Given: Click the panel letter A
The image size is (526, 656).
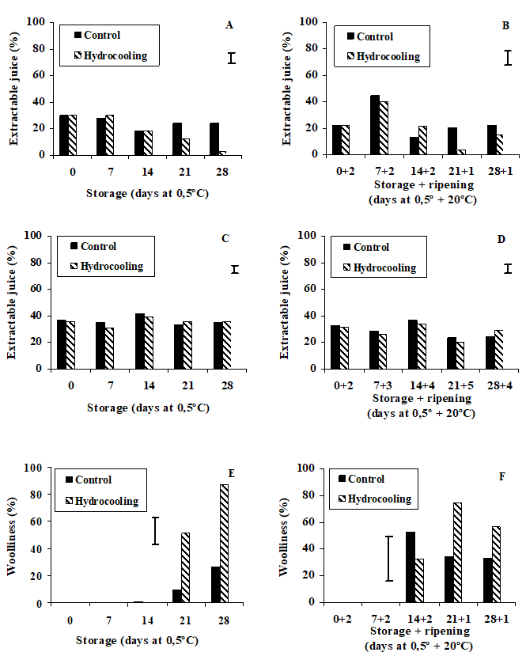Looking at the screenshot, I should pyautogui.click(x=229, y=25).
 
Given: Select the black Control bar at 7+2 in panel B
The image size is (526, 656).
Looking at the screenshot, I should pyautogui.click(x=375, y=125).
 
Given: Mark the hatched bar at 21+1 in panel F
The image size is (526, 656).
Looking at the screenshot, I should pyautogui.click(x=457, y=552).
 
